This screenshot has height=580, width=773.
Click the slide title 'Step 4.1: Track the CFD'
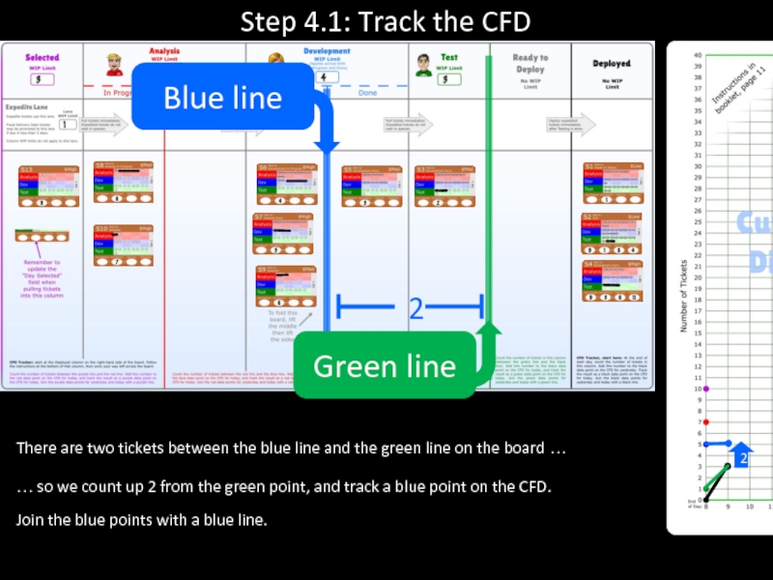click(x=386, y=20)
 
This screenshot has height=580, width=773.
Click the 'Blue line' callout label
click(x=222, y=98)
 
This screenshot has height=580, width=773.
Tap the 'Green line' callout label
click(x=384, y=366)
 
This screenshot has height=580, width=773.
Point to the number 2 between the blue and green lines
click(x=415, y=309)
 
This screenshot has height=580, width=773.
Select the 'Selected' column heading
click(x=42, y=58)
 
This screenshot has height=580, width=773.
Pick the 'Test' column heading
click(x=449, y=58)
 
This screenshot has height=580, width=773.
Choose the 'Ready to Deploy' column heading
click(x=530, y=64)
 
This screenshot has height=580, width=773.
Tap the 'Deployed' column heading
click(x=611, y=64)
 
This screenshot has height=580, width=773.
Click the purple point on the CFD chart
click(x=706, y=389)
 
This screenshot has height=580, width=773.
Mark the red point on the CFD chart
click(x=706, y=422)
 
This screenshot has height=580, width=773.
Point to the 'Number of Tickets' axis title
click(x=684, y=295)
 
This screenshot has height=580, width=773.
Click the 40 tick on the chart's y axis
click(x=697, y=55)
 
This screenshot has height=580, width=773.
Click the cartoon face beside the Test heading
click(x=422, y=65)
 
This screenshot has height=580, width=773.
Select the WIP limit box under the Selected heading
click(x=41, y=79)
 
